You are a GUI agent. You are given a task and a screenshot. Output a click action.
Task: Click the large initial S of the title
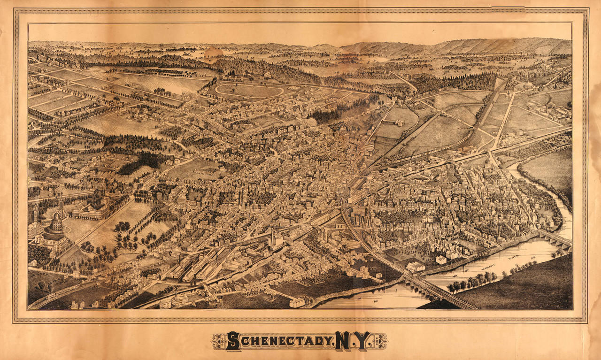click(233, 341)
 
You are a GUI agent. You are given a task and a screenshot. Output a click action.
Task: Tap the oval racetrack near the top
click(249, 90)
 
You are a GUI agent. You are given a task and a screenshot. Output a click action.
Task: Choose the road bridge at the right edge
click(556, 238)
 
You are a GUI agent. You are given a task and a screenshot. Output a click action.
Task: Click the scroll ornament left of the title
click(219, 341)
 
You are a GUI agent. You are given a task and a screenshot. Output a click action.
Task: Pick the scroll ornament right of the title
click(379, 341)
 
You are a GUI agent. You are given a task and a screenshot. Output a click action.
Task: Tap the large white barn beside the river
click(416, 267)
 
